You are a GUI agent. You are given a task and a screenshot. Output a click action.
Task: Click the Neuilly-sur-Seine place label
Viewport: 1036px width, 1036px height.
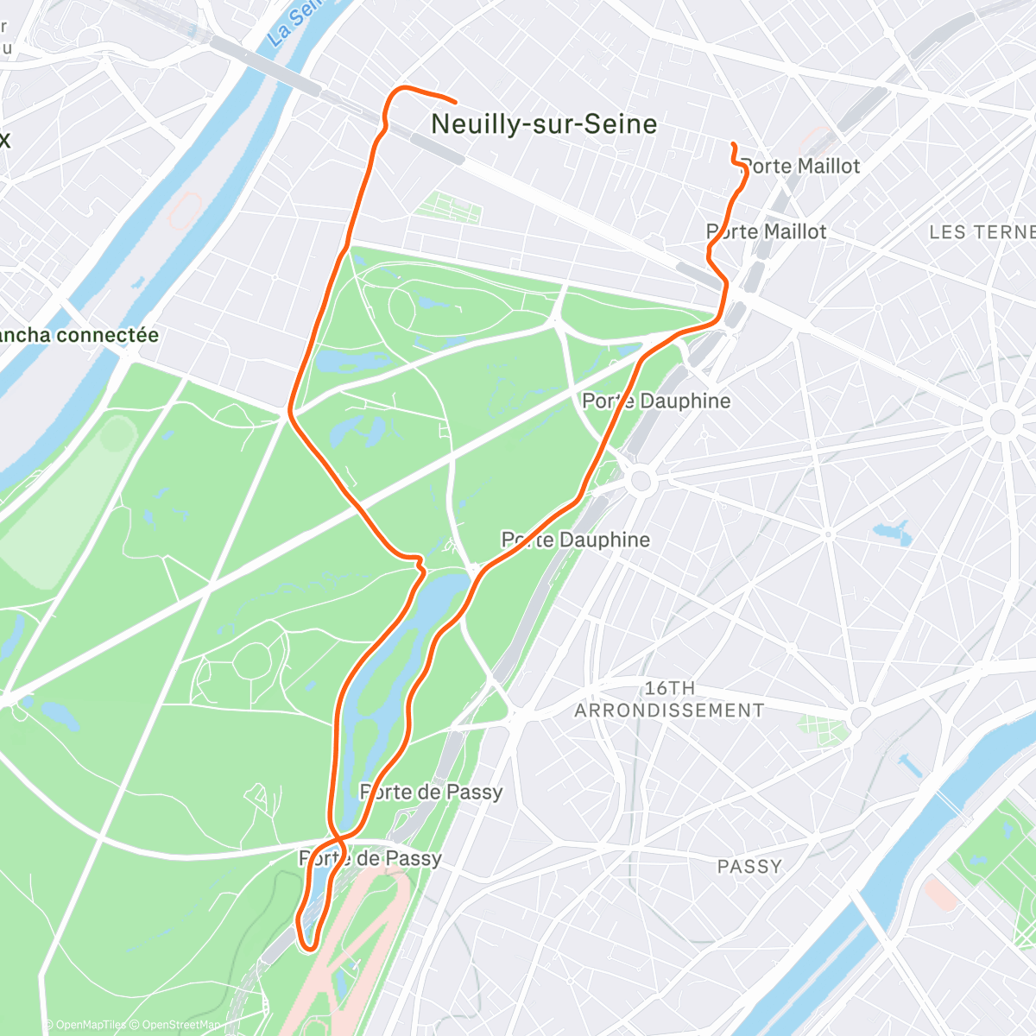tap(544, 124)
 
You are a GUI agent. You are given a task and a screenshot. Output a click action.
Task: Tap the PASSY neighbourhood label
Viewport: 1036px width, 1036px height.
tap(749, 867)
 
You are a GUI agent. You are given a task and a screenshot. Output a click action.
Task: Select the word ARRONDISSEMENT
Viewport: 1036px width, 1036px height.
tap(669, 711)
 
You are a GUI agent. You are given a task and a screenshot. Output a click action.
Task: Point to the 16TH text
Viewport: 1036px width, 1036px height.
tap(669, 688)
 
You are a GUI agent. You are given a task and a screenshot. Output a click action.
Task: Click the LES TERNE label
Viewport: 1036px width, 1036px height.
tap(982, 232)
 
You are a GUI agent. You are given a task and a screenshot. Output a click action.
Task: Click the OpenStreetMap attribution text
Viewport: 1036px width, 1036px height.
tap(180, 1026)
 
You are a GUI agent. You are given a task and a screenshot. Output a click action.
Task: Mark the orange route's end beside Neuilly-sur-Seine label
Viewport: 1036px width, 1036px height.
tap(454, 102)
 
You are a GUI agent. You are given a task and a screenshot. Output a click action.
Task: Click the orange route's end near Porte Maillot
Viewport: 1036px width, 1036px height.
tap(732, 143)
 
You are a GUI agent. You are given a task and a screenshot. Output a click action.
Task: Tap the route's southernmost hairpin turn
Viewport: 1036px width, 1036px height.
tap(306, 948)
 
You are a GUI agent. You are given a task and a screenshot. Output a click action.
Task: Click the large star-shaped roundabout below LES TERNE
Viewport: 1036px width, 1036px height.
tap(1002, 422)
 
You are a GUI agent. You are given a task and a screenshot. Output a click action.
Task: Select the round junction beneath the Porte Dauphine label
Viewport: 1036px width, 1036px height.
tap(640, 481)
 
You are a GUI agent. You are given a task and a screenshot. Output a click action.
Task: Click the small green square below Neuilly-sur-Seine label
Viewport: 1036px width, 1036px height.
tap(447, 206)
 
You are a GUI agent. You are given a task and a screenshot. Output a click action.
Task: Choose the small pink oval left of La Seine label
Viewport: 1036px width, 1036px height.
tap(185, 210)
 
